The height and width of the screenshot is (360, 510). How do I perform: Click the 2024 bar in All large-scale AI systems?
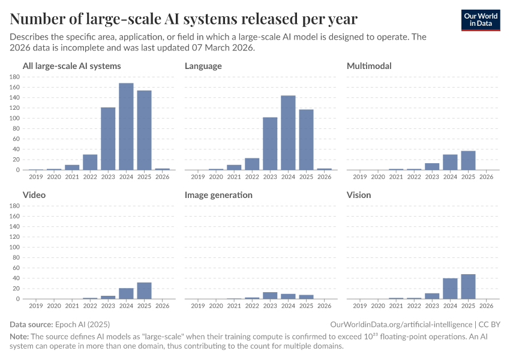(126, 127)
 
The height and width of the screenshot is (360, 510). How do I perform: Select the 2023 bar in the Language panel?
(270, 143)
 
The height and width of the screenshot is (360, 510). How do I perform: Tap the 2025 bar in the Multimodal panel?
(468, 160)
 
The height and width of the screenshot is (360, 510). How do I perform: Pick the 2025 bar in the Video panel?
(144, 290)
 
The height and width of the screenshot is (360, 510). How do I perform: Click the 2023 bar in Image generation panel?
(270, 295)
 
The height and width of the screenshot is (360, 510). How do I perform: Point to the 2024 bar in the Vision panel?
(450, 288)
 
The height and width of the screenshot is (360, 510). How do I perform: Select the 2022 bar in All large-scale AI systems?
(90, 162)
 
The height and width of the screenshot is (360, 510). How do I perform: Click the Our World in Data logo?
(480, 19)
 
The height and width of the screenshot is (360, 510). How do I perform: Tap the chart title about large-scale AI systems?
(184, 19)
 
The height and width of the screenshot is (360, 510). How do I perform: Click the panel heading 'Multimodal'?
(369, 66)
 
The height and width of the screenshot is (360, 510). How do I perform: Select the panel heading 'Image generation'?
(218, 195)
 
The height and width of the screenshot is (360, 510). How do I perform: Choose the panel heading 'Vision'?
(359, 195)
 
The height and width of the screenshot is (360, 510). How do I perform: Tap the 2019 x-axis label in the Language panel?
(197, 177)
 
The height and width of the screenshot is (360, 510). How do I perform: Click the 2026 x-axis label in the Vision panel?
(486, 306)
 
